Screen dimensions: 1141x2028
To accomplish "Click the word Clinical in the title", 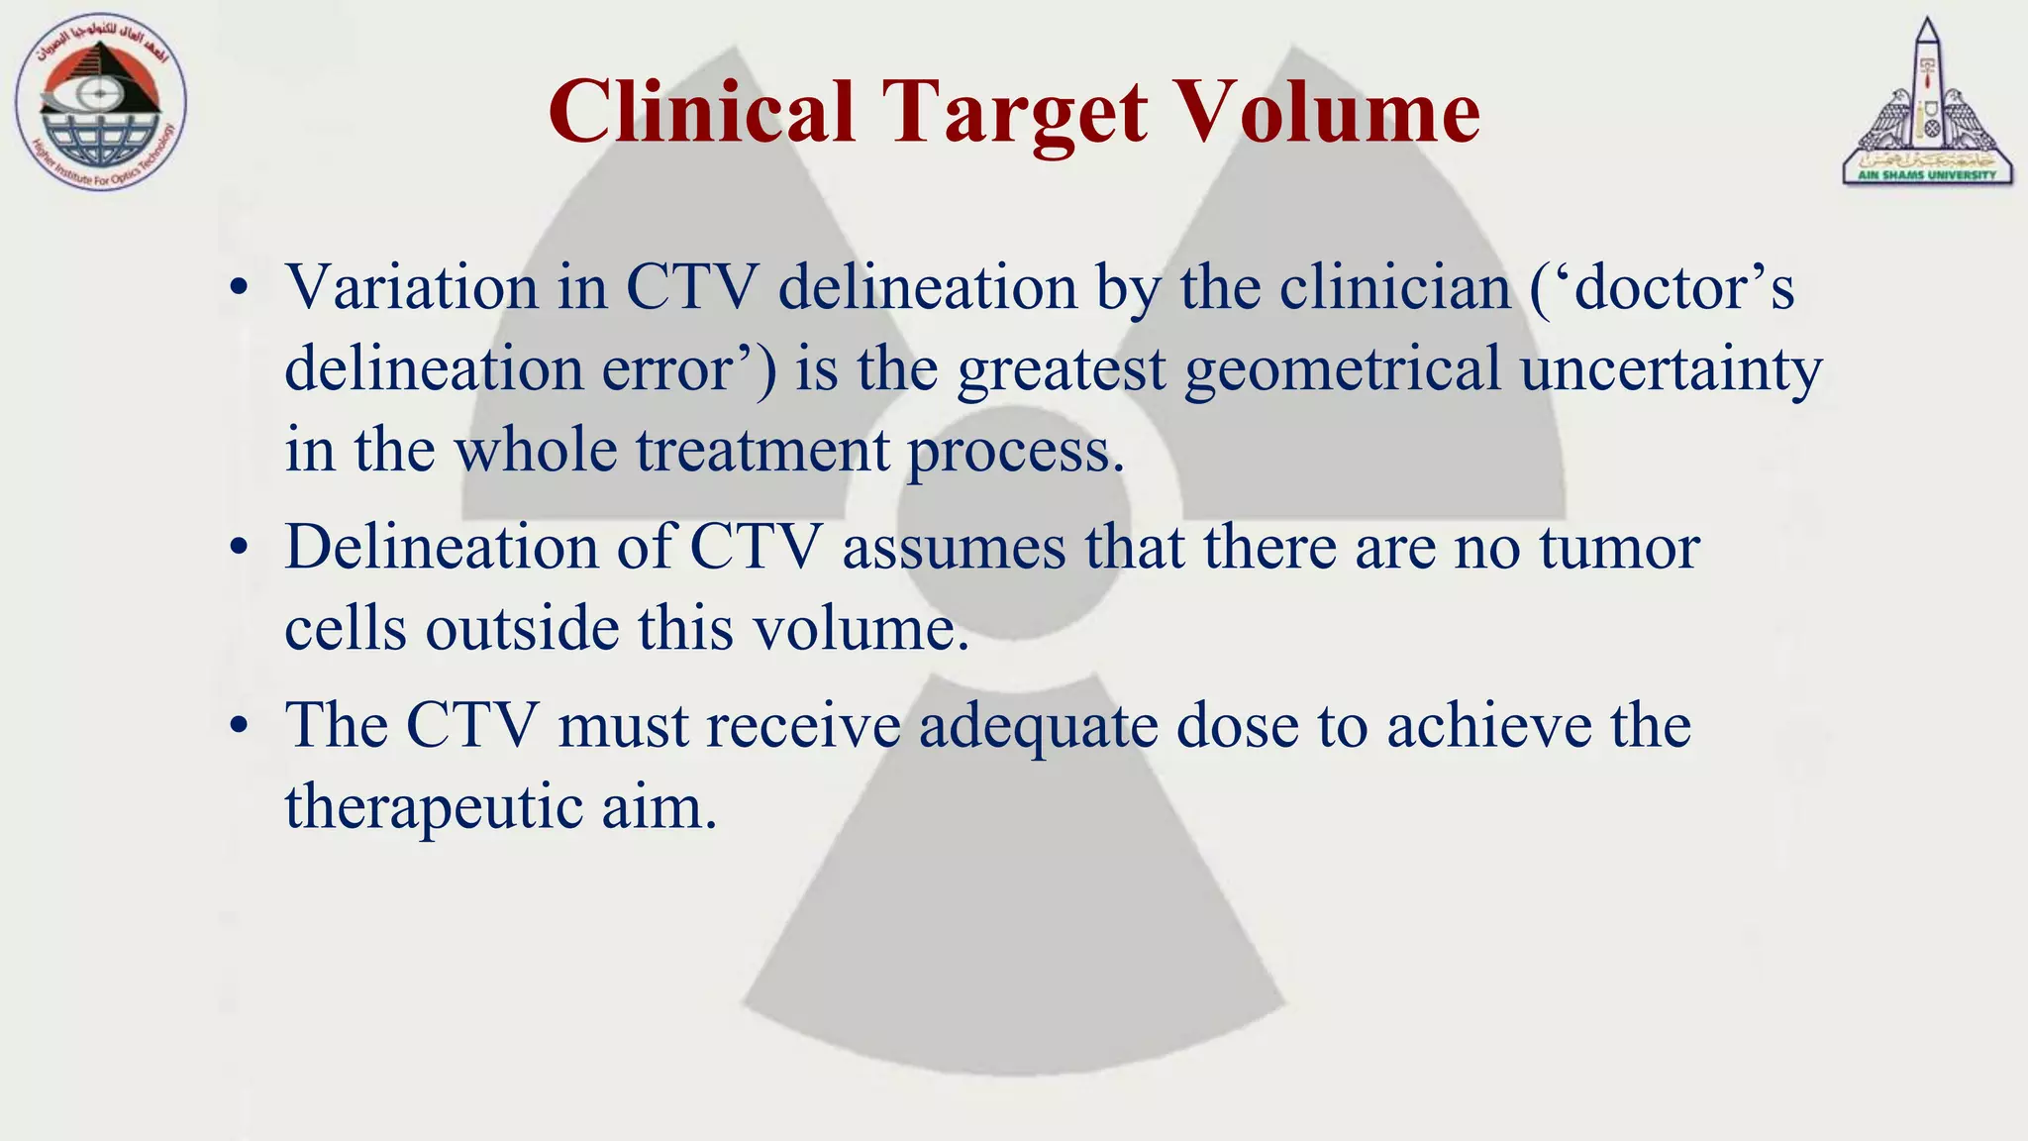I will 702,112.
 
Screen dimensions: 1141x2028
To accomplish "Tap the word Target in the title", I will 1016,114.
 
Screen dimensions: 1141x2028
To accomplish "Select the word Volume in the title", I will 1332,112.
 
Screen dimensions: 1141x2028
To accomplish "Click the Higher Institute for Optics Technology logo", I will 100,103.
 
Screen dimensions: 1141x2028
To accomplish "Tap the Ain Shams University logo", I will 1927,105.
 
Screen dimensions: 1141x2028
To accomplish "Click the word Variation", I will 411,288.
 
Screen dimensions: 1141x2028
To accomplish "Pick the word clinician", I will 1395,288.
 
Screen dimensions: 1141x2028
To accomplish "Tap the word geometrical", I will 1343,369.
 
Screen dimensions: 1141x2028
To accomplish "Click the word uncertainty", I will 1672,369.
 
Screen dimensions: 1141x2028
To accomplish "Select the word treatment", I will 762,451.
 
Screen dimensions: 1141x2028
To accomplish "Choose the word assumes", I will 955,548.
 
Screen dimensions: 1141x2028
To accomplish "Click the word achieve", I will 1488,726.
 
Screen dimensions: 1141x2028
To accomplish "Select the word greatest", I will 1062,369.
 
